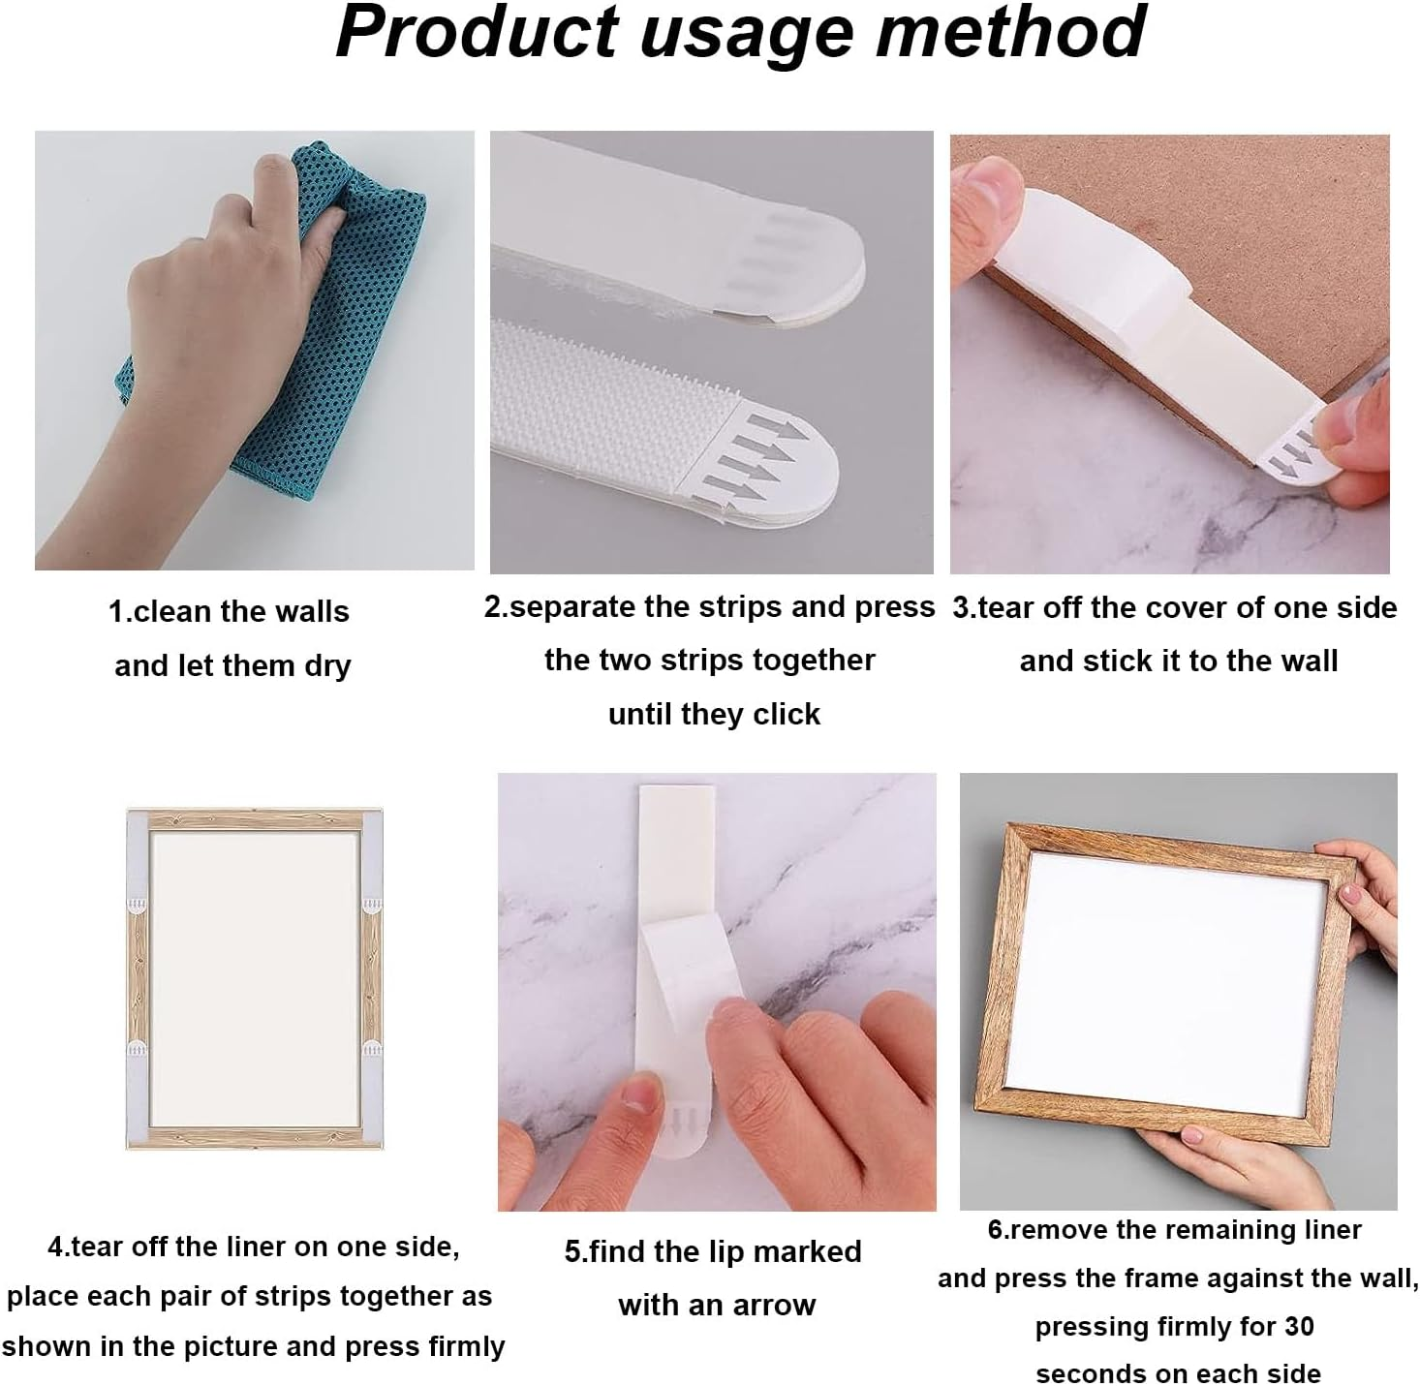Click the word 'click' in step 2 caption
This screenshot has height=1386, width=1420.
point(787,715)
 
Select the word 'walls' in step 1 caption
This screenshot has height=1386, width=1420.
point(310,612)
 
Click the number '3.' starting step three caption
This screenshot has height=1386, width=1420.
point(964,608)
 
